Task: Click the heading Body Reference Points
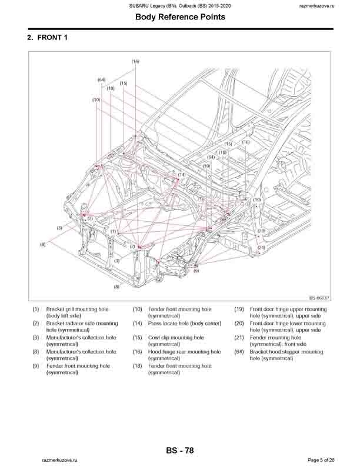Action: [x=179, y=17]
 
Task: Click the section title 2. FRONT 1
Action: [x=51, y=38]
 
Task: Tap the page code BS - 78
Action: [x=179, y=451]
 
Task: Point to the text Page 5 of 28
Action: [x=321, y=460]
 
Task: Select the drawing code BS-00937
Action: [x=319, y=299]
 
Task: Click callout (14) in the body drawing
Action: [x=182, y=175]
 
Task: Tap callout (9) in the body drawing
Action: [x=196, y=271]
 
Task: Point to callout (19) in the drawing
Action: [x=256, y=200]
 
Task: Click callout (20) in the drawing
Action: [x=261, y=231]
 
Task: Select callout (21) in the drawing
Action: [x=261, y=247]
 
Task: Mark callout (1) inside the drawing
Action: [x=113, y=232]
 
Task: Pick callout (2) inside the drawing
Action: [x=132, y=247]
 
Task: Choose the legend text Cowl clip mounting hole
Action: [x=176, y=338]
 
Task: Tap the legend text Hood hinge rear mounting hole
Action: [x=184, y=352]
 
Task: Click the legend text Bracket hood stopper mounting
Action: [x=286, y=352]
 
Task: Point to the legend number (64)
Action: [x=239, y=352]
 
